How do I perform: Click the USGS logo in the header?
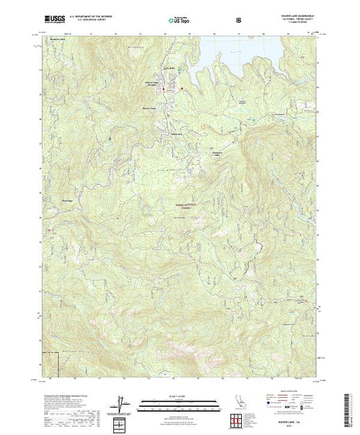click(52, 19)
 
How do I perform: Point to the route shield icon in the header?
click(238, 20)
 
